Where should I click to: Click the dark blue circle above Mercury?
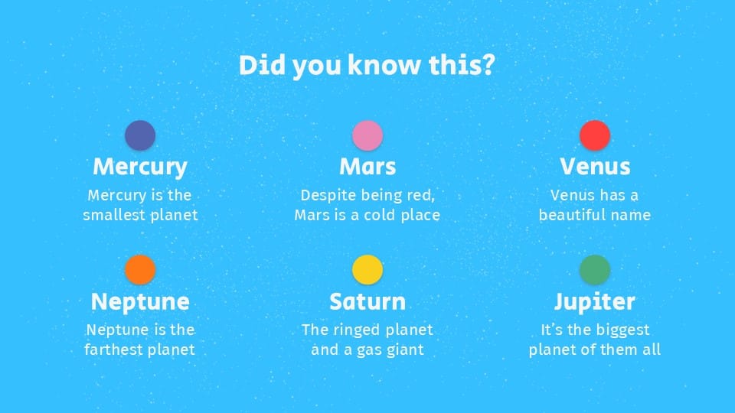pyautogui.click(x=140, y=135)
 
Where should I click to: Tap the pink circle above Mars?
pyautogui.click(x=367, y=135)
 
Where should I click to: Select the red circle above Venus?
pyautogui.click(x=595, y=135)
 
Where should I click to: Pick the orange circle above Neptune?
pyautogui.click(x=140, y=270)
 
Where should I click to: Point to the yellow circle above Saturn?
pyautogui.click(x=367, y=270)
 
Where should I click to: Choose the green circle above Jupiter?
pyautogui.click(x=595, y=270)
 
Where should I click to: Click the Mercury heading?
pyautogui.click(x=140, y=167)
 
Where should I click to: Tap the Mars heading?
pyautogui.click(x=367, y=167)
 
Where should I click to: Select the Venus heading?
pyautogui.click(x=595, y=167)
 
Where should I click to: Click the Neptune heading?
pyautogui.click(x=140, y=302)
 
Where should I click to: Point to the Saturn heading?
pyautogui.click(x=367, y=301)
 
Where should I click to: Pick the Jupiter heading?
pyautogui.click(x=595, y=302)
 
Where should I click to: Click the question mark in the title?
pyautogui.click(x=488, y=64)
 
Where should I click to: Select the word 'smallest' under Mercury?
pyautogui.click(x=109, y=215)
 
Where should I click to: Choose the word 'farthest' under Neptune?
pyautogui.click(x=111, y=350)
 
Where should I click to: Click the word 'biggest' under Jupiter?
pyautogui.click(x=625, y=330)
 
